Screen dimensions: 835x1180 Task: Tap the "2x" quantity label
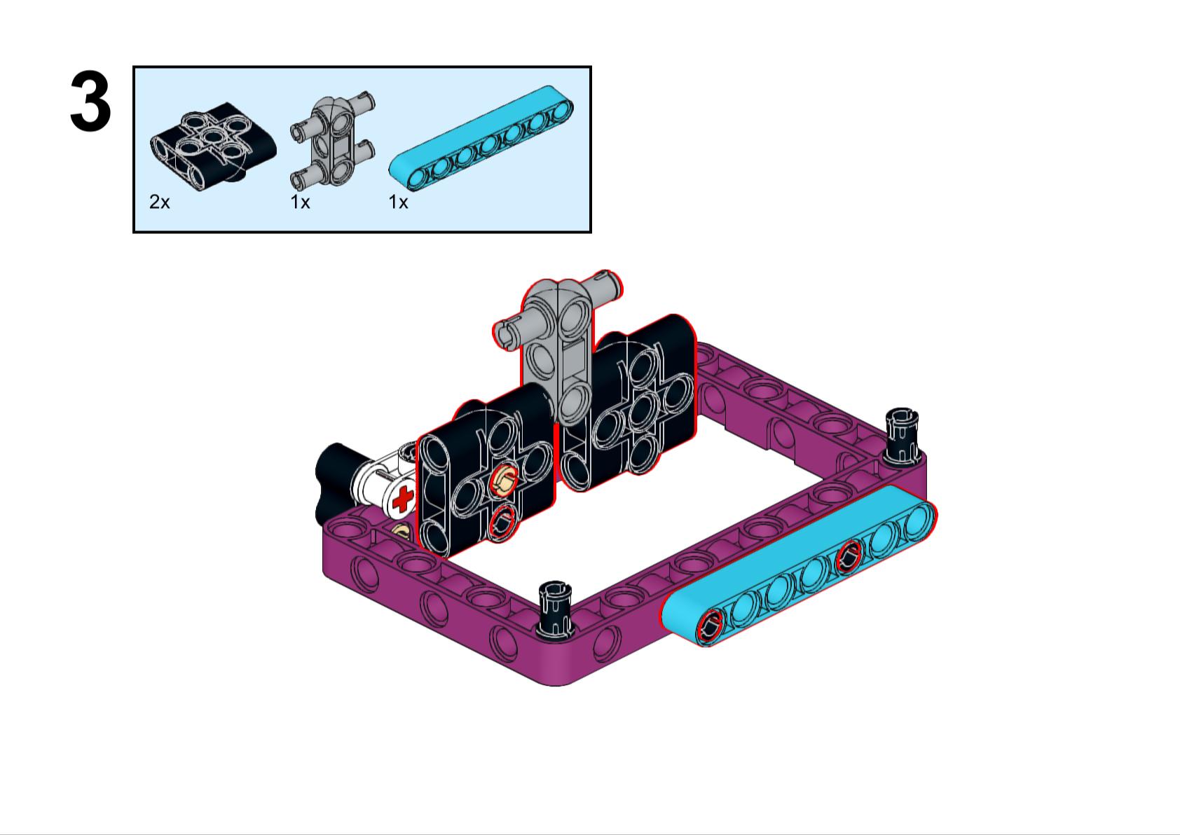(159, 202)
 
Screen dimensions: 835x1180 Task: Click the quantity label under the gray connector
(300, 202)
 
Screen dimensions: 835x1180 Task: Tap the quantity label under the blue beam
(398, 202)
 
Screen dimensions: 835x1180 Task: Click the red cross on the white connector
(403, 500)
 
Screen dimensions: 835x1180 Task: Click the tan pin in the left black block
(503, 481)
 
